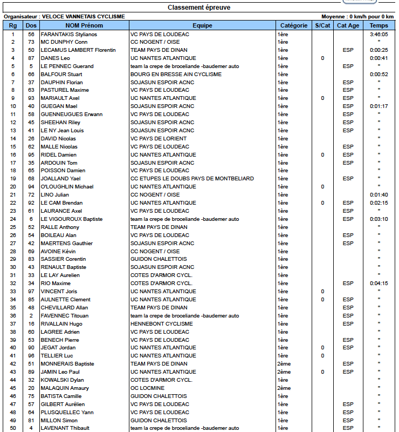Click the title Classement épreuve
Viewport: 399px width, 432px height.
[199, 8]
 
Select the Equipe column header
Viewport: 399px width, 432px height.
[202, 25]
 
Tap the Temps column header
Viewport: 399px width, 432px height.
[379, 25]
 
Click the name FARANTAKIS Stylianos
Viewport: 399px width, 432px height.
[68, 34]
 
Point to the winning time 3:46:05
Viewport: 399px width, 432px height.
[379, 34]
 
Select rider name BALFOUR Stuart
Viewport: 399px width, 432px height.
[61, 74]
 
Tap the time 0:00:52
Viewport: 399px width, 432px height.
[379, 74]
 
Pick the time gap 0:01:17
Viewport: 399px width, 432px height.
[379, 106]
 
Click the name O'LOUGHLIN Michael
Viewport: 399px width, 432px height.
[67, 187]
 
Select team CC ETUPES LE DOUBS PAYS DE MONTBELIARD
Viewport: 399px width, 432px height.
[192, 178]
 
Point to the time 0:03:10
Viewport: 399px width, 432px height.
[379, 219]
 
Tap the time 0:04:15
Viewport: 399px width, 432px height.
[379, 283]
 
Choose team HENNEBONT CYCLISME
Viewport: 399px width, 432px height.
[161, 323]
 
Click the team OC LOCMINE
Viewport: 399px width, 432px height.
[147, 388]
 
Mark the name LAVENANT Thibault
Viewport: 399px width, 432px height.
[65, 428]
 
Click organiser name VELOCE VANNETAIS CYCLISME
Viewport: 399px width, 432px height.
[83, 17]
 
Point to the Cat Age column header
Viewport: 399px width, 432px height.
[348, 25]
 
